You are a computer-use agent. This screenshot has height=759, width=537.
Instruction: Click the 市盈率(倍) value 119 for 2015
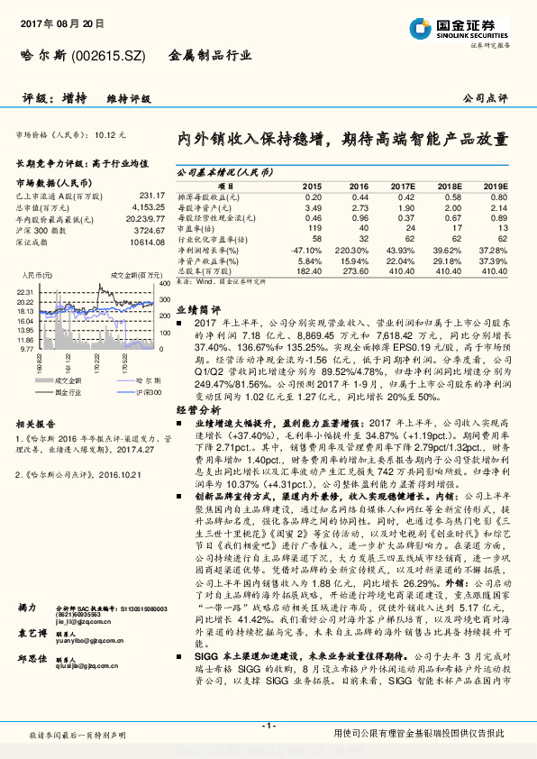tap(314, 228)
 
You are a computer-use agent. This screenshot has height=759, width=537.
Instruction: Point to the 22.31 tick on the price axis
tap(25, 293)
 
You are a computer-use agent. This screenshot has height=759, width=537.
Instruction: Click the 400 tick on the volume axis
tap(165, 285)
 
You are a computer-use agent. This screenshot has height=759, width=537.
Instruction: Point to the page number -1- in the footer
tap(268, 725)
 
